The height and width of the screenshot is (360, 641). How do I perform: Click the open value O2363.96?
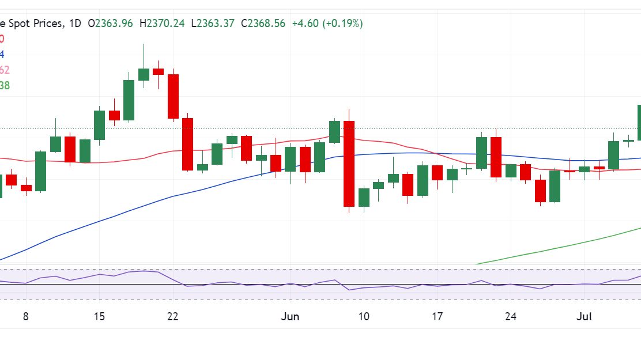click(110, 24)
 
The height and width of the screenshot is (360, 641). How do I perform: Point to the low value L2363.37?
click(214, 24)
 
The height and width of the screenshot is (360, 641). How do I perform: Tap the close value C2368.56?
click(263, 24)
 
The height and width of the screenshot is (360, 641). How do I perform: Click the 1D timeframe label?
click(75, 24)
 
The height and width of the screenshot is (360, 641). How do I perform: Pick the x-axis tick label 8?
click(25, 316)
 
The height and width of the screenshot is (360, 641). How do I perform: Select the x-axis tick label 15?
click(99, 316)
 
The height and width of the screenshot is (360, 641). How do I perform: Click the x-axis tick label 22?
click(172, 316)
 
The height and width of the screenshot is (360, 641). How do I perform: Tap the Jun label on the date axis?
click(290, 316)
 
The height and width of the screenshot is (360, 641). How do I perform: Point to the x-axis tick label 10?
click(364, 316)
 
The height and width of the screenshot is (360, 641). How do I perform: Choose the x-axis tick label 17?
click(438, 316)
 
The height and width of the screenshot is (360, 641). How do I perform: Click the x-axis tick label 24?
click(511, 316)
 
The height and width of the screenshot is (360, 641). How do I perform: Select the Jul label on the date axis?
click(585, 316)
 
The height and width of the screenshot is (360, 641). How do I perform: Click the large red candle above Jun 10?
click(349, 164)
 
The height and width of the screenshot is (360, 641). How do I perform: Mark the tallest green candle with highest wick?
click(144, 74)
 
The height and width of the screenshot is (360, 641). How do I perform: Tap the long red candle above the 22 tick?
click(173, 96)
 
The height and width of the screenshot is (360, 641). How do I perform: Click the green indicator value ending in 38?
click(4, 85)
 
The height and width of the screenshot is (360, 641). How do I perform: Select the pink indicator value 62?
click(4, 70)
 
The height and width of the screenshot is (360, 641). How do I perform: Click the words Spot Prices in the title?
click(33, 24)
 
